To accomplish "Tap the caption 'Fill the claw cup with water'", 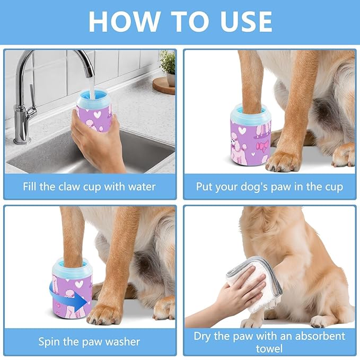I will (90, 187).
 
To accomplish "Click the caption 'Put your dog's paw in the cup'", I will (269, 187).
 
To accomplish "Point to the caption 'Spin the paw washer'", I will (89, 341).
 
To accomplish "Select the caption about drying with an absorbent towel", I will (269, 342).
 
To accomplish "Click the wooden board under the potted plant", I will (164, 85).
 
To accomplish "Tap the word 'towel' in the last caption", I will (269, 348).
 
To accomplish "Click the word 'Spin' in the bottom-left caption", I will (49, 341).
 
